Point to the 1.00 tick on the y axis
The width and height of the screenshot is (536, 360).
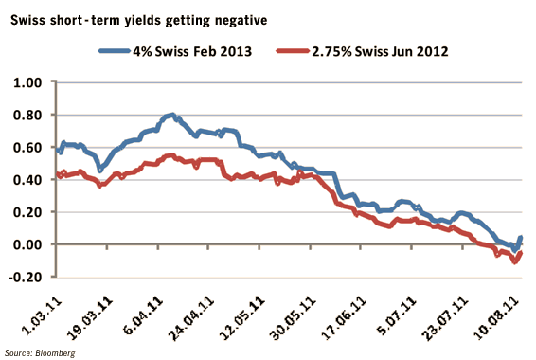pyautogui.click(x=29, y=82)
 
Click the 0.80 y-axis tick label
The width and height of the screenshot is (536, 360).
pyautogui.click(x=29, y=115)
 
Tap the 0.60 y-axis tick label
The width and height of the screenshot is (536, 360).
pyautogui.click(x=29, y=147)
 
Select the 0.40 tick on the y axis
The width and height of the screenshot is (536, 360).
pyautogui.click(x=29, y=180)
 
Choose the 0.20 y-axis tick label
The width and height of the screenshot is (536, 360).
pyautogui.click(x=29, y=212)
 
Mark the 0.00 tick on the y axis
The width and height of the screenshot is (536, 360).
pyautogui.click(x=29, y=244)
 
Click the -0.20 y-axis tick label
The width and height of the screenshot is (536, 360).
pyautogui.click(x=27, y=277)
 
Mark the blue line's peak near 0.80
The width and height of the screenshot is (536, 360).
pyautogui.click(x=171, y=116)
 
